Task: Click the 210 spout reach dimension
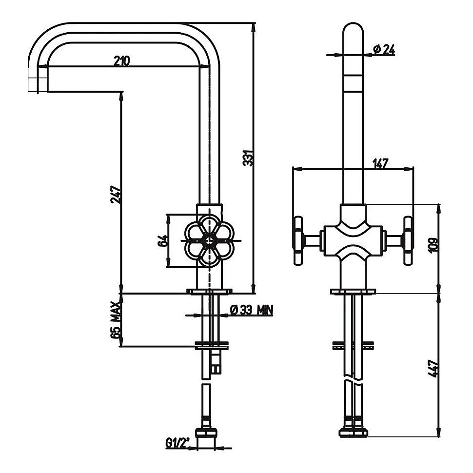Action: pyautogui.click(x=121, y=61)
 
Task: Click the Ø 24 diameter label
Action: pyautogui.click(x=383, y=49)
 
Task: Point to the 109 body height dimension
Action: pyautogui.click(x=433, y=244)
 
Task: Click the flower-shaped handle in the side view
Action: pyautogui.click(x=209, y=240)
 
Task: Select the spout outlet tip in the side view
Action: pyautogui.click(x=38, y=85)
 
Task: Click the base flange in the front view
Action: pyautogui.click(x=353, y=292)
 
